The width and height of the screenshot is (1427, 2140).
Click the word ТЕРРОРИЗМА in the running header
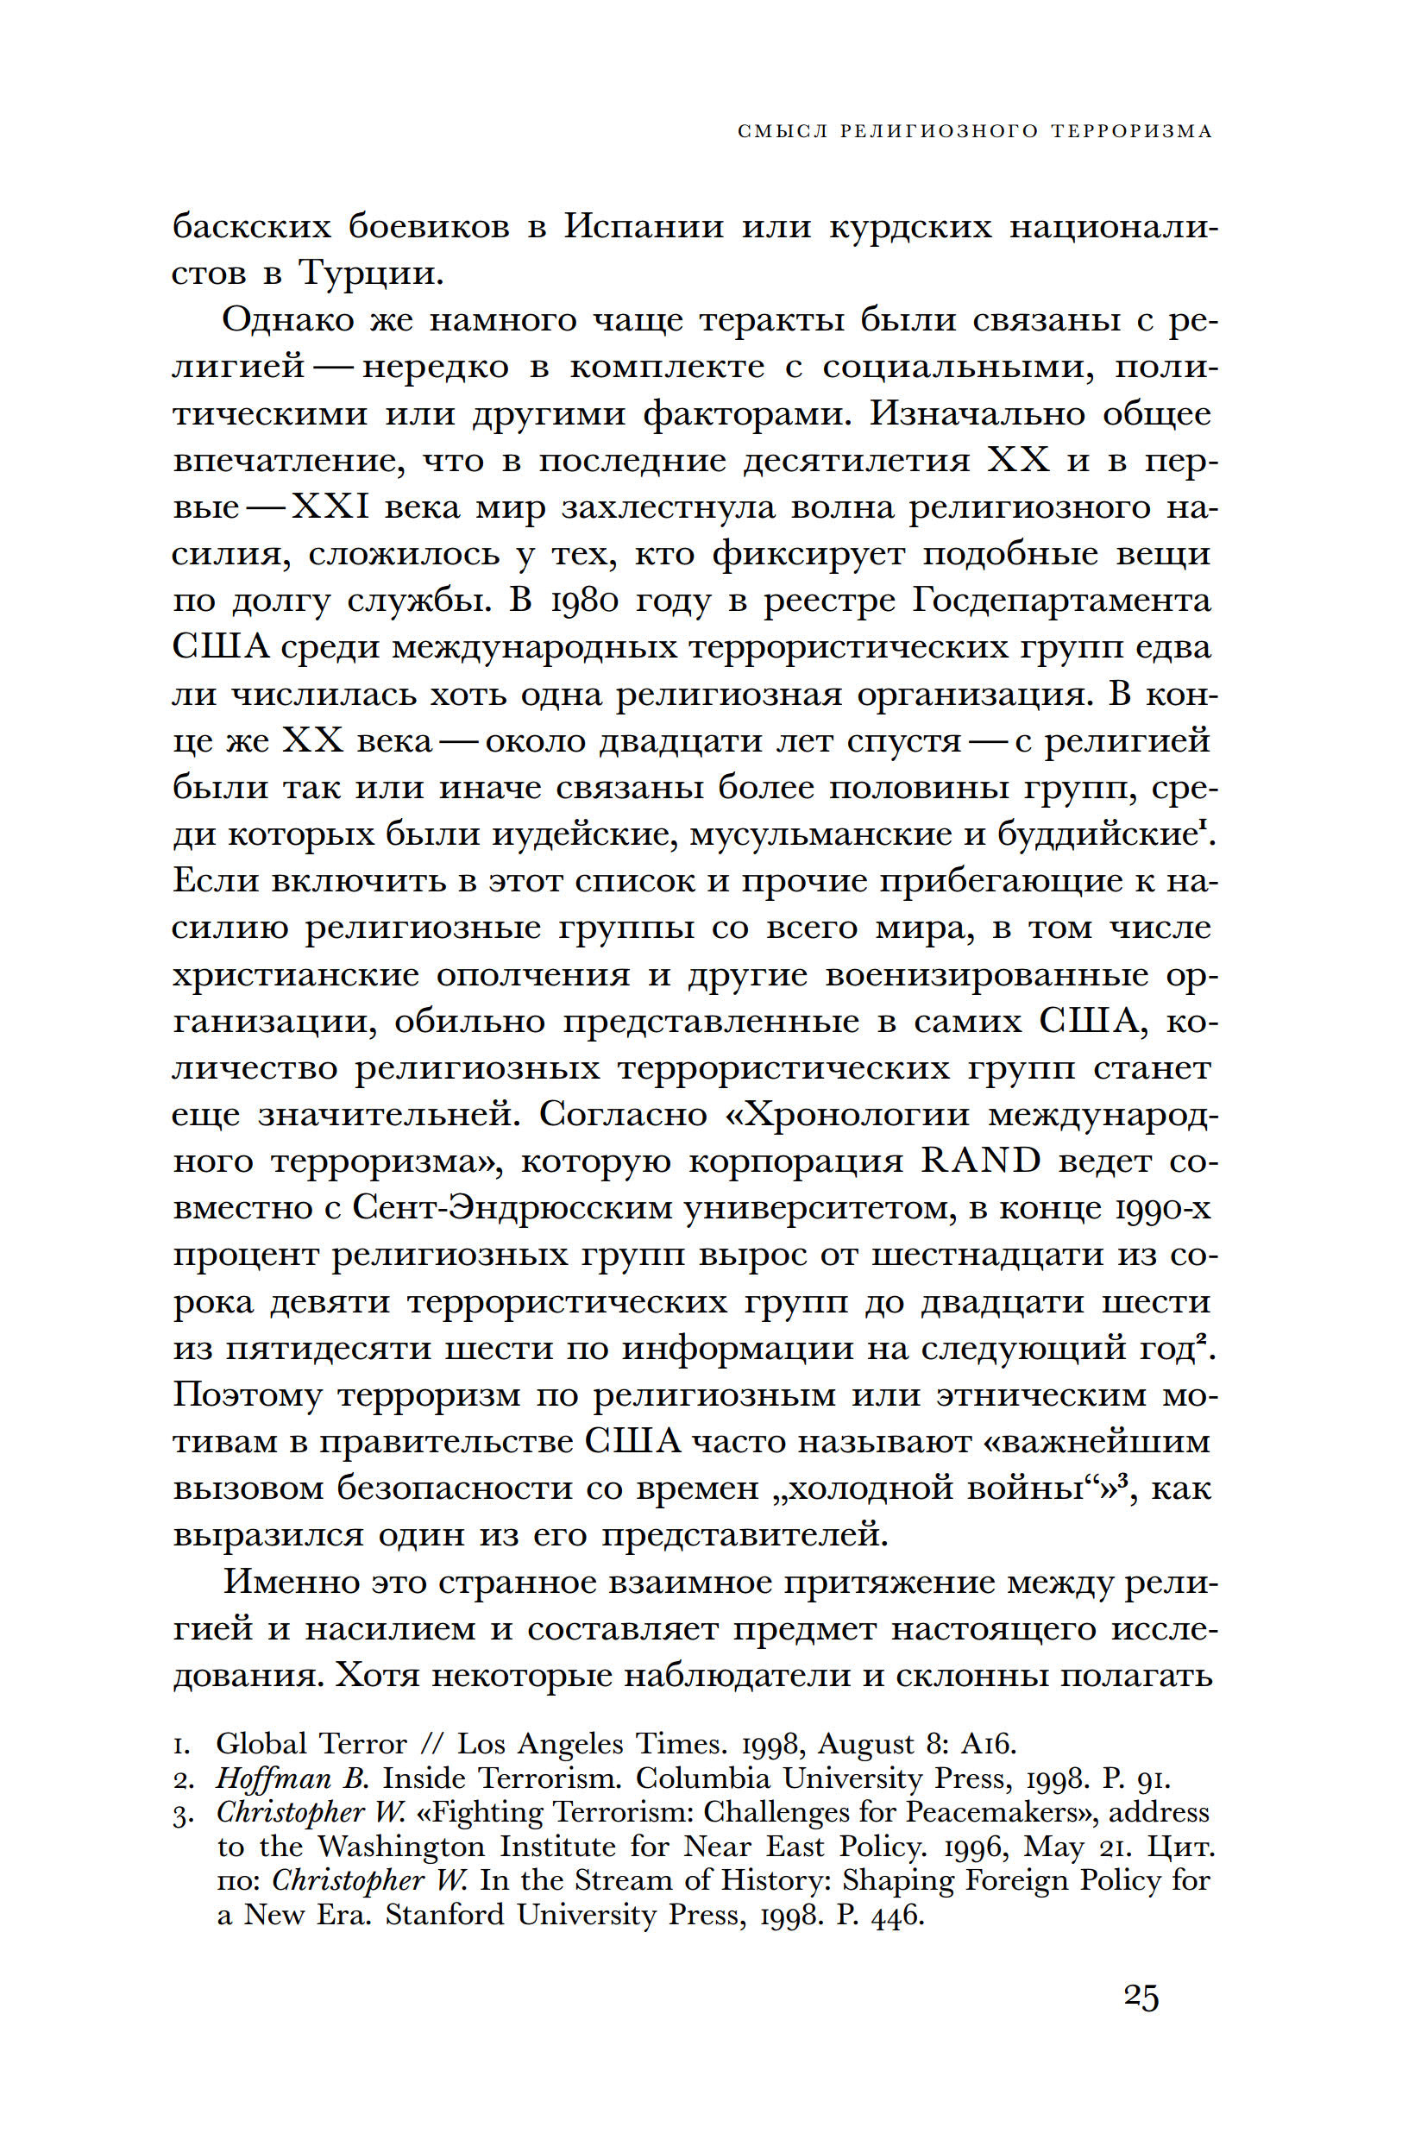(1131, 131)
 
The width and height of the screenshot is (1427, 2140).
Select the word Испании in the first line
(644, 226)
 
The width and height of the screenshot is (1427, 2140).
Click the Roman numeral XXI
(330, 507)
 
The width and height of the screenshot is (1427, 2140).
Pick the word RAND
(981, 1161)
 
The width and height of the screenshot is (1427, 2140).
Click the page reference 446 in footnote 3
(896, 1914)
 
